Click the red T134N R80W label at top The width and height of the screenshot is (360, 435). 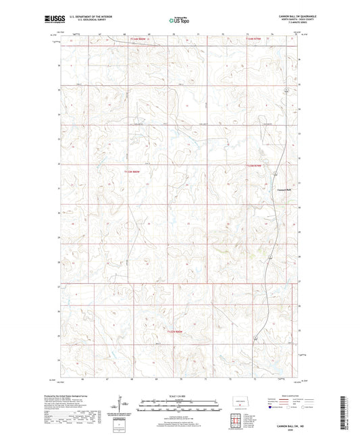pyautogui.click(x=138, y=39)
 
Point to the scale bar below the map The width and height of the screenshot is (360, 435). pyautogui.click(x=179, y=407)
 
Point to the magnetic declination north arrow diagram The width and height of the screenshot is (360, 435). pyautogui.click(x=124, y=408)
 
